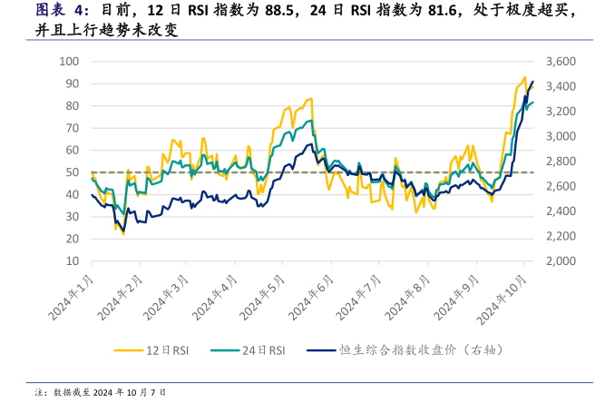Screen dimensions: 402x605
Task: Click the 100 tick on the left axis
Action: pos(69,62)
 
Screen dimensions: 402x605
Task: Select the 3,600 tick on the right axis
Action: pos(562,62)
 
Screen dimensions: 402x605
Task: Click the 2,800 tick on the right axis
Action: pos(562,162)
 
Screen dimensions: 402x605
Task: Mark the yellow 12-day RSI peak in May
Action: pos(311,99)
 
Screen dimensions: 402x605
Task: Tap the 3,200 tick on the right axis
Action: pos(562,112)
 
